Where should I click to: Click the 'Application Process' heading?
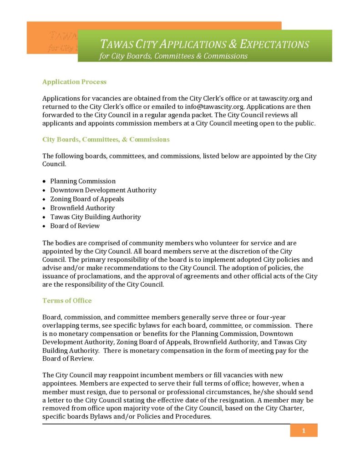[x=74, y=82]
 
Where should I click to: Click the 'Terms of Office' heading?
[x=67, y=300]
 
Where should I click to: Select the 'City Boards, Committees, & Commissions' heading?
[x=106, y=139]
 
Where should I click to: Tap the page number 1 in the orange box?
[x=304, y=431]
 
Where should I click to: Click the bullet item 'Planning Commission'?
[x=83, y=181]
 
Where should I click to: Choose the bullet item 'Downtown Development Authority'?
[x=103, y=190]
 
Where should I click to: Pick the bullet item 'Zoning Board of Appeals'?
[x=87, y=199]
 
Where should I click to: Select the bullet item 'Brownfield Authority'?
[x=82, y=208]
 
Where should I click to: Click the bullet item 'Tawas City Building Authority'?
[x=95, y=217]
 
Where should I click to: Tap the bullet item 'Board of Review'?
[x=75, y=226]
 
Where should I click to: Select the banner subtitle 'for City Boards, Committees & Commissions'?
[x=173, y=56]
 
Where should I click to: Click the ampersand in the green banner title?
[x=232, y=44]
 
